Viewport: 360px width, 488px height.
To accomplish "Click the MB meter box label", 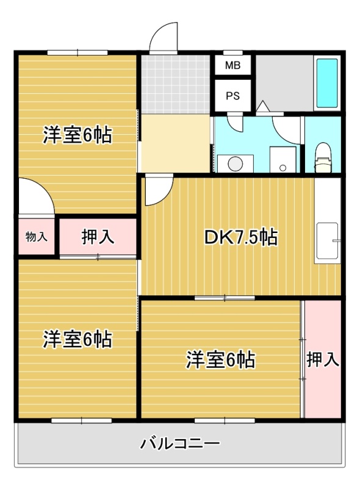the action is pos(232,65).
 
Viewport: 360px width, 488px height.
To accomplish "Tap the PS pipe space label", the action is pos(232,96).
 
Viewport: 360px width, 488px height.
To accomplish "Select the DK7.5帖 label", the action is pos(241,237).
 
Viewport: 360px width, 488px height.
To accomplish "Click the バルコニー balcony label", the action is pos(181,443).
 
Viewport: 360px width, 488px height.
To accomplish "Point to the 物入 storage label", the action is pos(37,237).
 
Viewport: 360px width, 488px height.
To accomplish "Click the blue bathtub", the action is pos(327,83).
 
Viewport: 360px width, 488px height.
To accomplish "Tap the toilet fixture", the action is pos(323,158).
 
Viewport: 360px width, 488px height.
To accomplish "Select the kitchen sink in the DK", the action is pos(327,241).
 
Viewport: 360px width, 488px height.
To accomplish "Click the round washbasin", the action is pos(235,163).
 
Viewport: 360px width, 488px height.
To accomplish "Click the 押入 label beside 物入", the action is pos(98,237).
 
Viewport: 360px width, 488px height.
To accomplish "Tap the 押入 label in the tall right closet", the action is pos(323,359).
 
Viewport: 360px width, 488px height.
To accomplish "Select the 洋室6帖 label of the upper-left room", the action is pos(77,135).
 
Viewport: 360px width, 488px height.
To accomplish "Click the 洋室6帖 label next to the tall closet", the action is pos(221,360).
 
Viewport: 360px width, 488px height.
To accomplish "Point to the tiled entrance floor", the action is pos(176,84).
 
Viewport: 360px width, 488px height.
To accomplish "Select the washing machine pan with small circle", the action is pos(283,159).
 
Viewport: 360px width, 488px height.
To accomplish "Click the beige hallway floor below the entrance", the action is pos(176,143).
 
